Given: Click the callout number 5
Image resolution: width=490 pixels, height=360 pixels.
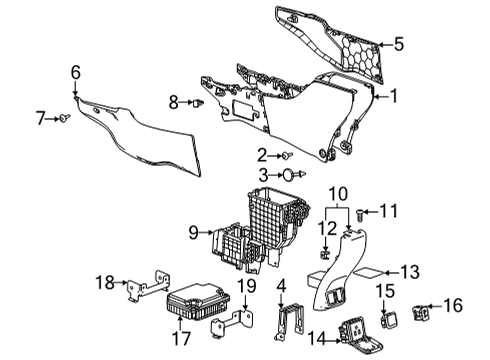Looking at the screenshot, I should point(398,43).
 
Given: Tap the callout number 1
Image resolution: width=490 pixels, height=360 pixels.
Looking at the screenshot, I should point(393,96).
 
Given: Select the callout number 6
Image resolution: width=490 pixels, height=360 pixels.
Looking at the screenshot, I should point(75,71).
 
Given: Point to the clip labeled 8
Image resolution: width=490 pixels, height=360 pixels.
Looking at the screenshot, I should point(201,102).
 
